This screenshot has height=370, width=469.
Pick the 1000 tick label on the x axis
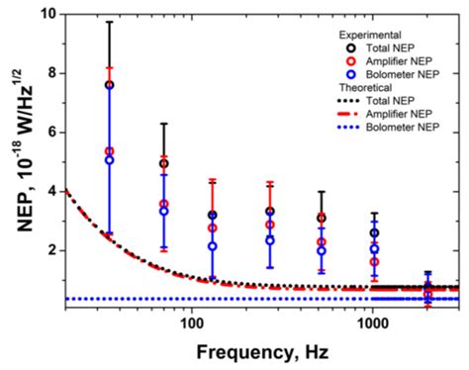[x=372, y=324]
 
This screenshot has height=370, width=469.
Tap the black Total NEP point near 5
[x=163, y=163]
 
